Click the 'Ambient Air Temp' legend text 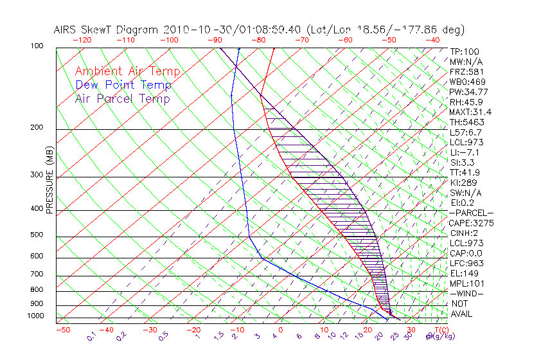coord(127,71)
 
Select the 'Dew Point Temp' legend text coord(123,85)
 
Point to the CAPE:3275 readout coord(470,223)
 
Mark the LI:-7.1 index coord(465,152)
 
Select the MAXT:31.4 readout coord(470,112)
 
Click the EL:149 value coord(464,273)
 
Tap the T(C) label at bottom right coord(441,330)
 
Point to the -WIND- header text coord(467,293)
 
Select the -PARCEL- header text coord(472,213)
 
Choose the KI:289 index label coord(464,183)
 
